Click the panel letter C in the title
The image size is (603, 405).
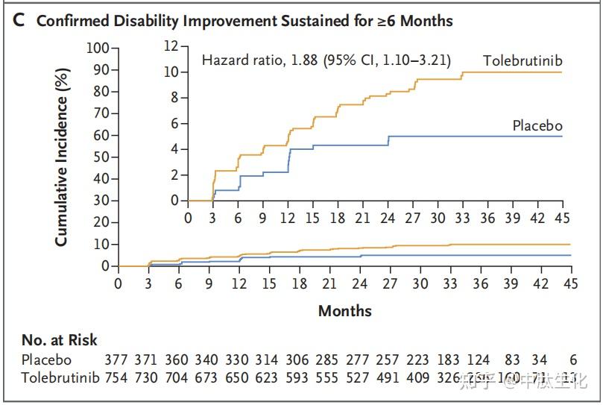19,20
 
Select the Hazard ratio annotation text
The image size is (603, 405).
326,60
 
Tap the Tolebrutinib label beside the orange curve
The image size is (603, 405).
522,60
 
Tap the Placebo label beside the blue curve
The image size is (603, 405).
537,125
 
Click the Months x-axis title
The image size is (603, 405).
344,310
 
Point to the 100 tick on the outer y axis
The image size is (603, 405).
98,48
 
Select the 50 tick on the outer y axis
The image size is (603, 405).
101,157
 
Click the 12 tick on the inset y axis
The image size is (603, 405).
171,46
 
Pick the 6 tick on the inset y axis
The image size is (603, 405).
174,124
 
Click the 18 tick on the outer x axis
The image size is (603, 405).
299,283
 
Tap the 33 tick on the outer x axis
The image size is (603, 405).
450,283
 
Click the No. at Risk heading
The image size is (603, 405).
59,340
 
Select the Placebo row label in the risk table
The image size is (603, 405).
45,360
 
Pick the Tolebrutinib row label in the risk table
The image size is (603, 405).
60,378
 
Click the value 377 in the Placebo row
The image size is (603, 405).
117,360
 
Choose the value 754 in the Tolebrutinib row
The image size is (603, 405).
117,378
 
